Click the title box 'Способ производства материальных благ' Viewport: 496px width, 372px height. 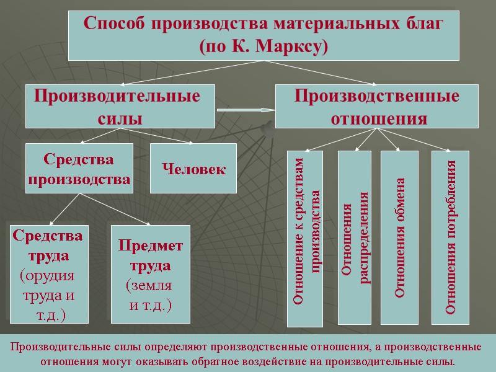click(x=263, y=35)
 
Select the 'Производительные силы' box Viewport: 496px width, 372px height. click(x=120, y=107)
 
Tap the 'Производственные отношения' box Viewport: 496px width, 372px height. click(x=376, y=107)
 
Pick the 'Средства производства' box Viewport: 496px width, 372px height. click(x=79, y=169)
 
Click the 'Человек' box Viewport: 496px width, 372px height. click(x=193, y=168)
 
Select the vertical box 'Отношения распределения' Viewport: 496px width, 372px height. click(x=354, y=238)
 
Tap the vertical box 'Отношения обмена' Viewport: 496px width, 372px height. click(x=399, y=238)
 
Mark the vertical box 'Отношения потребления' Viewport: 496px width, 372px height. click(x=450, y=238)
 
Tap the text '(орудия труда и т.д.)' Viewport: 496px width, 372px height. click(x=48, y=295)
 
